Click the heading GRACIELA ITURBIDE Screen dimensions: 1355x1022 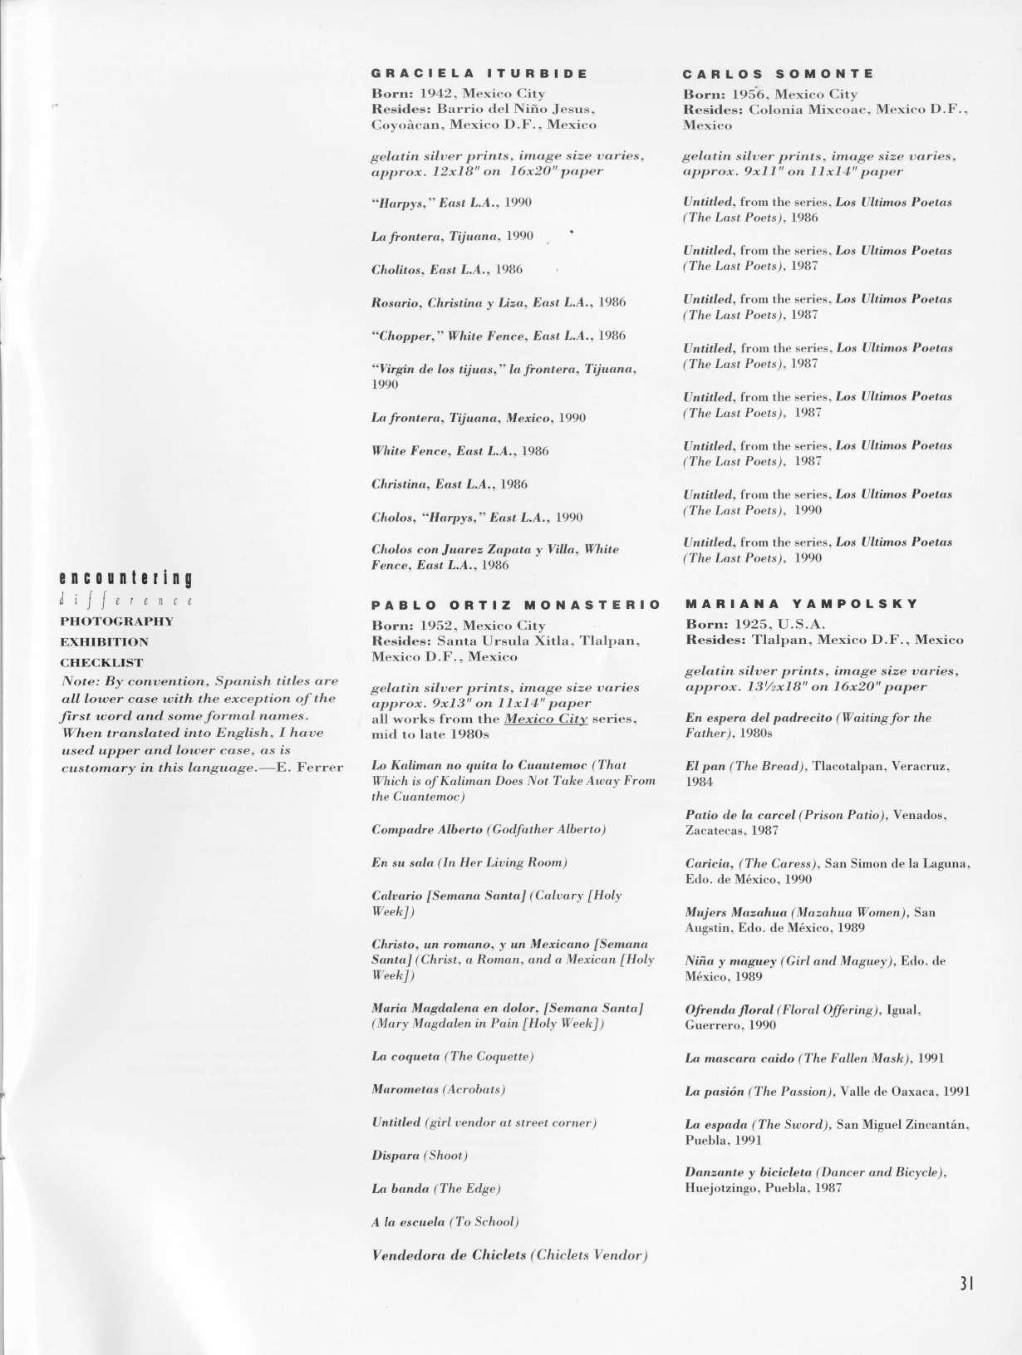[479, 73]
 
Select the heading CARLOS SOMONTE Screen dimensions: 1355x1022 [779, 73]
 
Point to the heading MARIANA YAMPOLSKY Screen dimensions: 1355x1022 [801, 604]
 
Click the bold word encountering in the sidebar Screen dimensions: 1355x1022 [126, 578]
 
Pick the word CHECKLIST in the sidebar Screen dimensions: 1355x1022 [101, 663]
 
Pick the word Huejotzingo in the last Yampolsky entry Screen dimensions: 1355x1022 [716, 1188]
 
